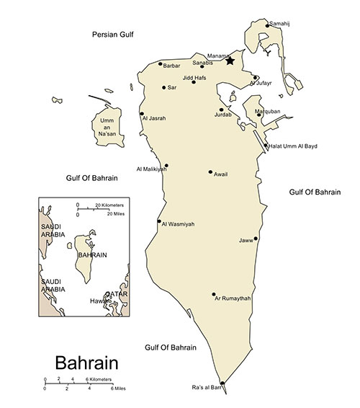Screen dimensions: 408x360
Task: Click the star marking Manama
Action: click(x=230, y=61)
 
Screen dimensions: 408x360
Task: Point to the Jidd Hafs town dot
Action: click(x=194, y=82)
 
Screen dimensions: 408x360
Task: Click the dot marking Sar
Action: click(x=164, y=87)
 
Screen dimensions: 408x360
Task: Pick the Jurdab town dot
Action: click(x=222, y=110)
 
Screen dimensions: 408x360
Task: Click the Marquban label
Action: click(x=267, y=112)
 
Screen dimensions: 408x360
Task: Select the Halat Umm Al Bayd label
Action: click(x=294, y=146)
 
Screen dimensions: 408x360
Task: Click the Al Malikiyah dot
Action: click(x=166, y=165)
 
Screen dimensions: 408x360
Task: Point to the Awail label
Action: click(x=221, y=174)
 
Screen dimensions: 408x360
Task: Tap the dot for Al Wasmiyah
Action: click(x=159, y=221)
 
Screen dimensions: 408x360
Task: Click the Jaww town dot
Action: click(x=256, y=238)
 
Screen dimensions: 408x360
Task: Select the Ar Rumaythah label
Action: click(x=233, y=298)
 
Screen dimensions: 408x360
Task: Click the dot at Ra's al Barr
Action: click(x=222, y=383)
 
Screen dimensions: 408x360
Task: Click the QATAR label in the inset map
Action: click(x=117, y=294)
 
